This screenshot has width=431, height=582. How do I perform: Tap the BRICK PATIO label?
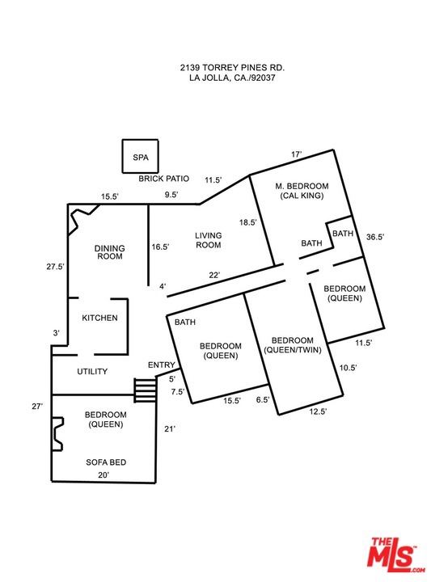pyautogui.click(x=163, y=179)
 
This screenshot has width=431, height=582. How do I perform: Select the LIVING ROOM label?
pyautogui.click(x=209, y=240)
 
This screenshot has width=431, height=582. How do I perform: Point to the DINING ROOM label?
pyautogui.click(x=109, y=252)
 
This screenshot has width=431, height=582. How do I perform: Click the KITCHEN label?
pyautogui.click(x=99, y=318)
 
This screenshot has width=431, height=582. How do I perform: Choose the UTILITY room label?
pyautogui.click(x=92, y=371)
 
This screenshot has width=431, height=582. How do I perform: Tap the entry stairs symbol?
pyautogui.click(x=145, y=390)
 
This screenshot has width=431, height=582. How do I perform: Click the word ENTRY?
pyautogui.click(x=161, y=365)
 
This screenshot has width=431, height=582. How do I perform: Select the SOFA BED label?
pyautogui.click(x=106, y=462)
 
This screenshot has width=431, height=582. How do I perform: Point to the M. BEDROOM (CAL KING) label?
pyautogui.click(x=302, y=191)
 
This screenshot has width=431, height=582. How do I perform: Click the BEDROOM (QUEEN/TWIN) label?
pyautogui.click(x=292, y=345)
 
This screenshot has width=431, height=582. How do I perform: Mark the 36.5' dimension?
pyautogui.click(x=375, y=237)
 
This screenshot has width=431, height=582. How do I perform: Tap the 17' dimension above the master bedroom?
pyautogui.click(x=297, y=154)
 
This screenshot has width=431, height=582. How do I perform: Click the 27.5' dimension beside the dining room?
pyautogui.click(x=55, y=266)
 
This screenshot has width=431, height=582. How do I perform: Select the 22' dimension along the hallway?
pyautogui.click(x=214, y=275)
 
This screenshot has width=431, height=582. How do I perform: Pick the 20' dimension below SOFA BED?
pyautogui.click(x=104, y=474)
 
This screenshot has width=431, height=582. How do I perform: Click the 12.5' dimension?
pyautogui.click(x=318, y=411)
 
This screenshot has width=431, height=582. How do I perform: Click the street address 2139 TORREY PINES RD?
pyautogui.click(x=232, y=68)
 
